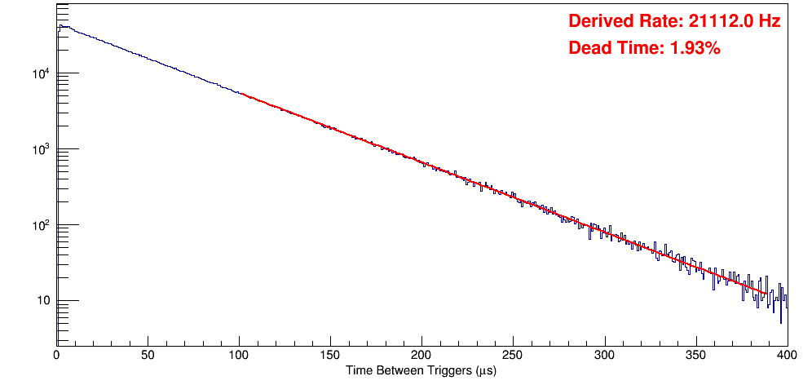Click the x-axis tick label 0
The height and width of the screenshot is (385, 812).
(x=56, y=356)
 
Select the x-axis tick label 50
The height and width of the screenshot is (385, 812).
(x=148, y=356)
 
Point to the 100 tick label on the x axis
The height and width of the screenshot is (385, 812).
(x=239, y=356)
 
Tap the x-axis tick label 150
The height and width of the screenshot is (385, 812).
(x=330, y=356)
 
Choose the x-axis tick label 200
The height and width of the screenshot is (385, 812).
(x=421, y=356)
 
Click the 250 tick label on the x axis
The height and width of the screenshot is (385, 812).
(x=513, y=356)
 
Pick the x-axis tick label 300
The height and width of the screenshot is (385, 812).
(x=604, y=356)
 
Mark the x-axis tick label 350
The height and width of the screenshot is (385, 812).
(x=695, y=356)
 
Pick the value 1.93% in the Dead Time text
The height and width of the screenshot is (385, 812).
(x=695, y=48)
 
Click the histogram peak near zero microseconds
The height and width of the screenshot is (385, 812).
(x=60, y=25)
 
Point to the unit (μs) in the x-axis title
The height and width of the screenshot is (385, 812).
(x=483, y=370)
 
